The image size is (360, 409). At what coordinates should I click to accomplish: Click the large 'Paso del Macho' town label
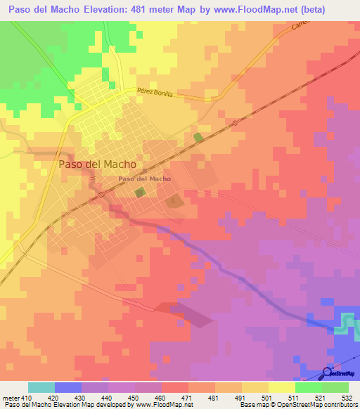98,164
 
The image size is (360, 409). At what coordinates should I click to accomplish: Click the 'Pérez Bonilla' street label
155,93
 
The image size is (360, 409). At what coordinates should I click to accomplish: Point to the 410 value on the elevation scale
21,398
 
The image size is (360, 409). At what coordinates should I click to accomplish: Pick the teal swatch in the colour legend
41,388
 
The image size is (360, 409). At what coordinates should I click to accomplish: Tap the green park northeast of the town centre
198,137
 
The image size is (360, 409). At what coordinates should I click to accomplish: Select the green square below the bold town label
141,192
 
